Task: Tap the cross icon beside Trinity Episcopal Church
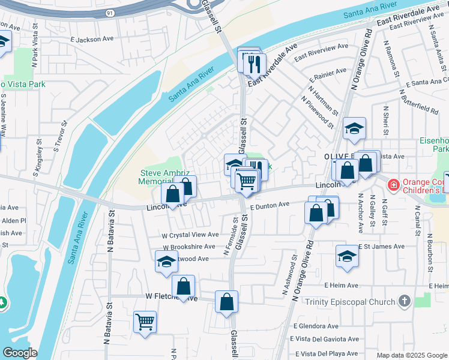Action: [405, 301]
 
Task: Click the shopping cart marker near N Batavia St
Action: [145, 322]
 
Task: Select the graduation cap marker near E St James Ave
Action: [347, 256]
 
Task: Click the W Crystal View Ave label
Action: [189, 235]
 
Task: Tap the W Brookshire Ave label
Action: [188, 247]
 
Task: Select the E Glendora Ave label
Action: [316, 326]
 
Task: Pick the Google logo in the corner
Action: [20, 353]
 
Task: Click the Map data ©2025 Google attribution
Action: [411, 355]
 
